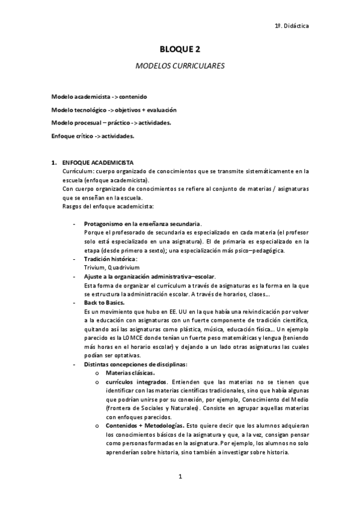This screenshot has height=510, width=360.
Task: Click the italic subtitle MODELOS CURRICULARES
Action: pos(180,67)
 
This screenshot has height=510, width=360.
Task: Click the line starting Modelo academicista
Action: pos(99,97)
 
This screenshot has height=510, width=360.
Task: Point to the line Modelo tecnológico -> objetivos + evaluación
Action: pos(114,110)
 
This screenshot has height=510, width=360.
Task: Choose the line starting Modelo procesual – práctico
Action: pos(111,123)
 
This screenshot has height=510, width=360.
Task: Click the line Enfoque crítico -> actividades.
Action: pos(93,136)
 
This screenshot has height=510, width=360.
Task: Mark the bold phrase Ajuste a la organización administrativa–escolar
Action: pos(149,276)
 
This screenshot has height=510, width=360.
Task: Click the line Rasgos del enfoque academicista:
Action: pos(100,206)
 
